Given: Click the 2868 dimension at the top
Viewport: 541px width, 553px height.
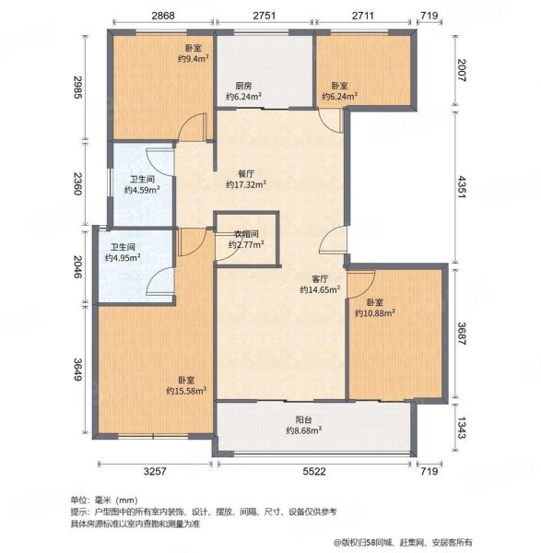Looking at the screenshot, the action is (163, 16).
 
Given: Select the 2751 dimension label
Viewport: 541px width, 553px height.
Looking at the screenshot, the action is (265, 16).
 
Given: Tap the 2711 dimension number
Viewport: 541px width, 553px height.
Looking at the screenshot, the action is (362, 16).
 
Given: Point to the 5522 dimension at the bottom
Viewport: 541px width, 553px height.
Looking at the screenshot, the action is (314, 471).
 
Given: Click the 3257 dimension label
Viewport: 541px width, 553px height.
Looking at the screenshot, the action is (155, 471).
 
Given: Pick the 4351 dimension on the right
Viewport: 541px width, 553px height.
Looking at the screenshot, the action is (462, 187).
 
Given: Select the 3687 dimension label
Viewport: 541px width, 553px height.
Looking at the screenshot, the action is (462, 334).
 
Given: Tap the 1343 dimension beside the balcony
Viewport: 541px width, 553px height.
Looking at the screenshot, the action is (462, 428).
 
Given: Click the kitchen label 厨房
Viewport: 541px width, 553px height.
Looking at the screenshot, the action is (243, 86).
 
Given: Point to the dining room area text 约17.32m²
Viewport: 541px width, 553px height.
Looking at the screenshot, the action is (246, 184).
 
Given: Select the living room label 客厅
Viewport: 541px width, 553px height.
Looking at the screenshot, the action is (320, 279).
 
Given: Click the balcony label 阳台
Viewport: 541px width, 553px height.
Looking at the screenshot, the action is (303, 420).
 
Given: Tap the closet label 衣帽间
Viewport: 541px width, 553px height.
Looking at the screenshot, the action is (246, 234).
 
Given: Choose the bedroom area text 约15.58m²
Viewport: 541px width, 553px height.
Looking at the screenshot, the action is (186, 391).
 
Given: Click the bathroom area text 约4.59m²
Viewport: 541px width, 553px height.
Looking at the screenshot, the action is (142, 190).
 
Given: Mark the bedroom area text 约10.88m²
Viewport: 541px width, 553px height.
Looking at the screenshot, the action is (375, 312).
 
